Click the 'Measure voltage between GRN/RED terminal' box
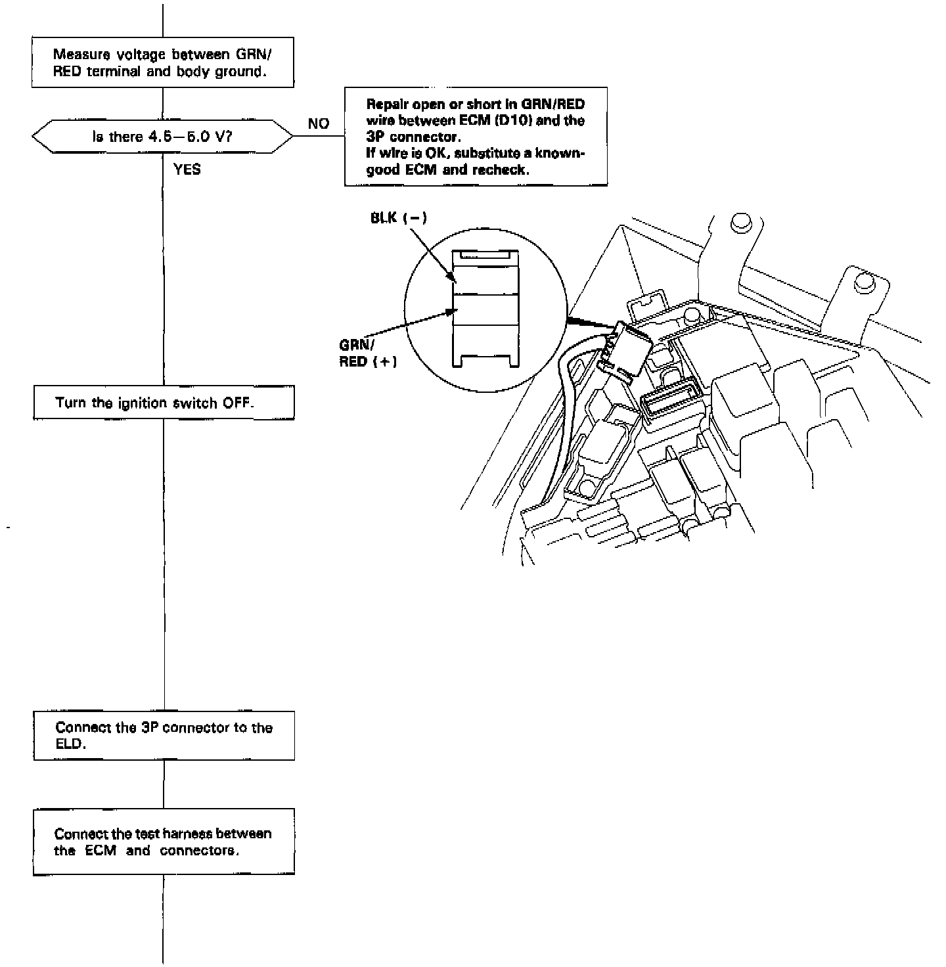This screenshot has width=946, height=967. pos(162,63)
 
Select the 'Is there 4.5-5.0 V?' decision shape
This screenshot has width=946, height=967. pos(162,137)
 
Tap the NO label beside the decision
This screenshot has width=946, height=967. pos(318,124)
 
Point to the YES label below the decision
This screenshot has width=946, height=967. pos(187,169)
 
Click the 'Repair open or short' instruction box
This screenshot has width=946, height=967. pos(476,137)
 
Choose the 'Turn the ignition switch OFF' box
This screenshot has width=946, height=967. pos(164,403)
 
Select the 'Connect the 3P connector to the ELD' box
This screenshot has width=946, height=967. pos(164,736)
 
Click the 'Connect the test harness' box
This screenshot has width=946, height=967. pos(164,842)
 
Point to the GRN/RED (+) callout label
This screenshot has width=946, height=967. pos(368,353)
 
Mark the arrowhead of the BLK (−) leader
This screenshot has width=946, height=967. pos(453,279)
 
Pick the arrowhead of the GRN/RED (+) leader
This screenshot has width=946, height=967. pos(453,309)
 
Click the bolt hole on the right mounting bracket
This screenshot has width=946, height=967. pos(863,282)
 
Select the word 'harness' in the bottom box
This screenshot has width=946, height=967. pos(185,834)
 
